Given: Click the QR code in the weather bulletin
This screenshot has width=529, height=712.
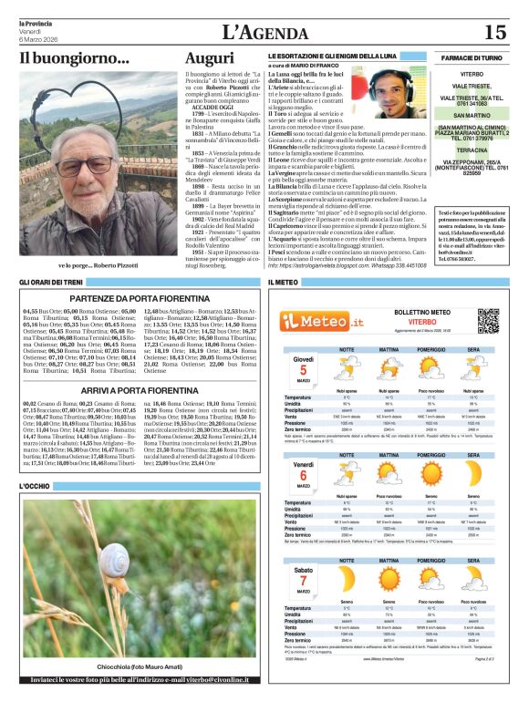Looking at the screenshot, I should (489, 322).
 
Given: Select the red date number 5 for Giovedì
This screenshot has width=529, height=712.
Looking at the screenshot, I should (302, 368).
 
